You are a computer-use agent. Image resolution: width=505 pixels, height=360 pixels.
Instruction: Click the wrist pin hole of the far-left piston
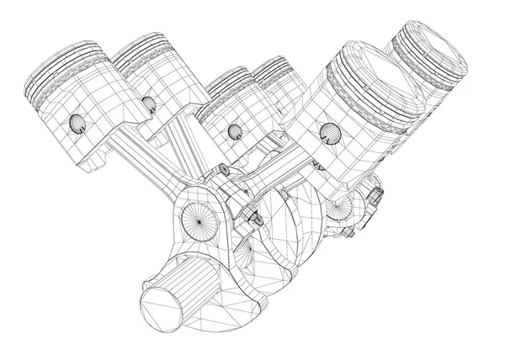click(x=77, y=125)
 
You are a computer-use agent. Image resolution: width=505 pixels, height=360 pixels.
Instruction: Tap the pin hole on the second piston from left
click(x=149, y=104)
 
